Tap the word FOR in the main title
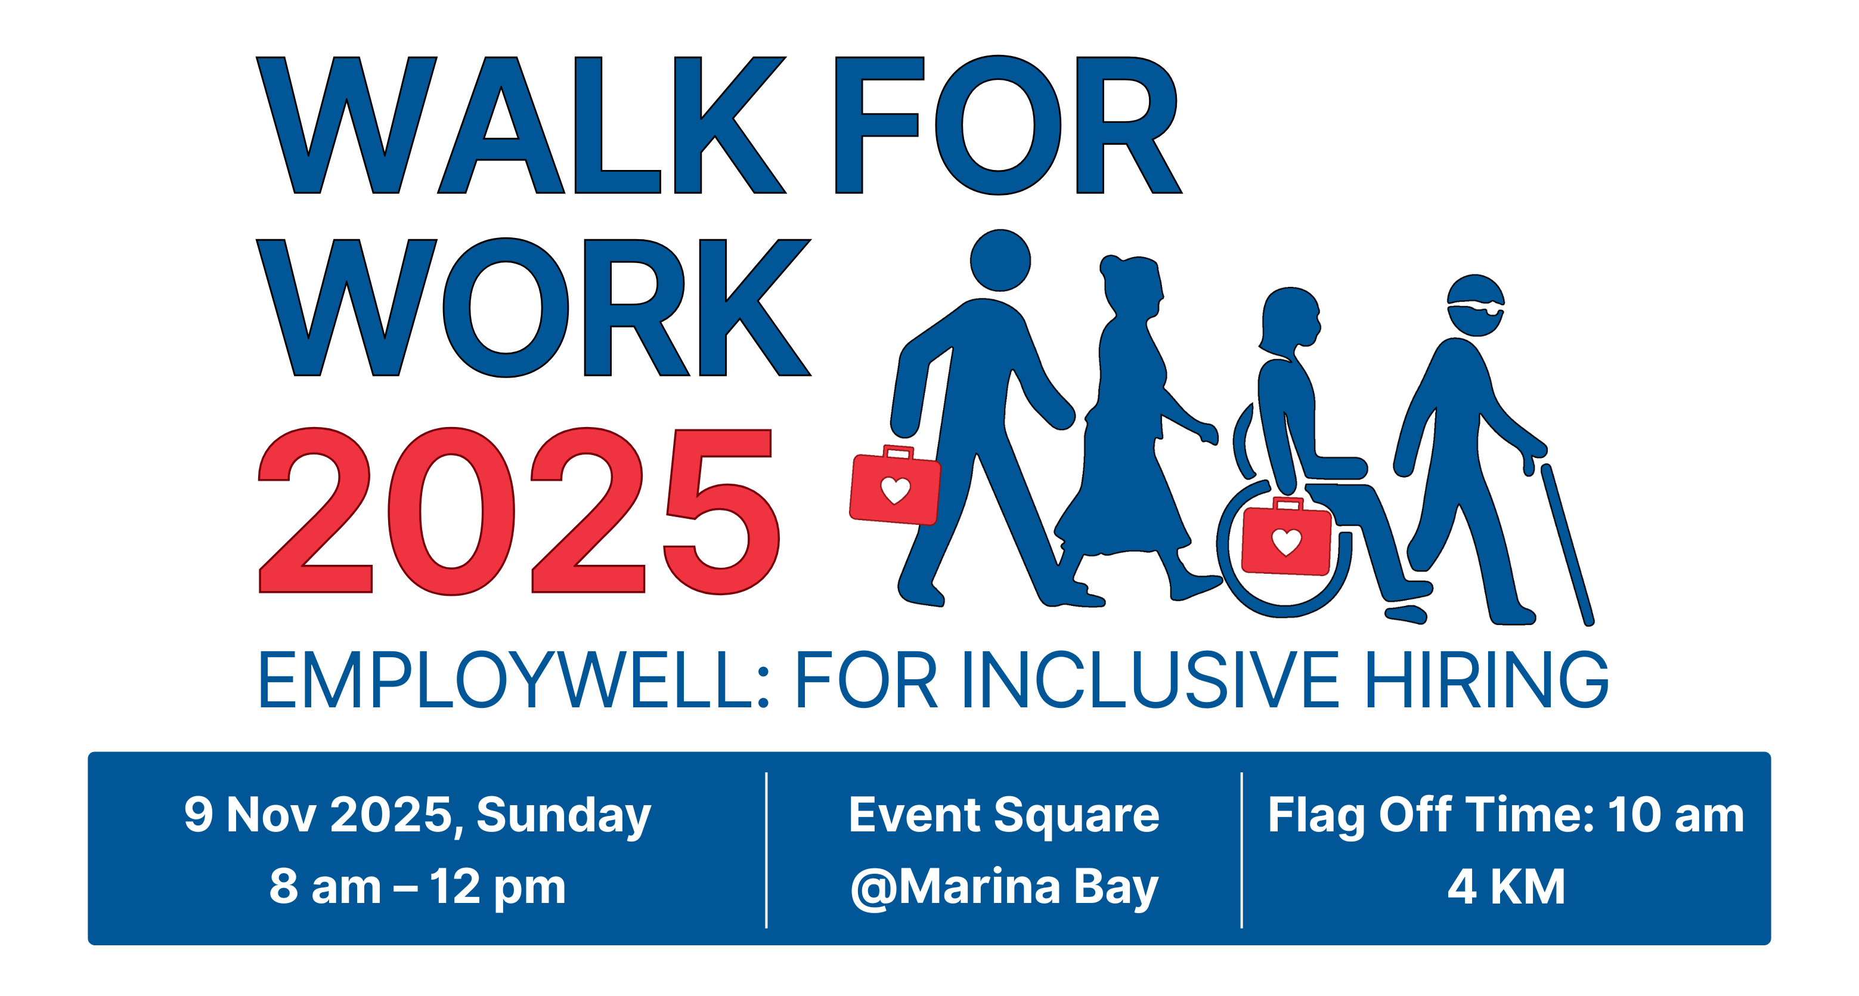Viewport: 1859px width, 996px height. pyautogui.click(x=1008, y=125)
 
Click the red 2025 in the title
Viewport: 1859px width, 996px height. pyautogui.click(x=519, y=511)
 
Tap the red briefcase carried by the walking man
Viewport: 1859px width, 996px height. pyautogui.click(x=895, y=485)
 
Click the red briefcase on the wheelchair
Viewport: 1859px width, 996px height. pyautogui.click(x=1286, y=536)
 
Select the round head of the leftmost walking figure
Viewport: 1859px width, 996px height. pyautogui.click(x=1000, y=260)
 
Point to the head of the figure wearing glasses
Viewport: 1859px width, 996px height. pyautogui.click(x=1476, y=305)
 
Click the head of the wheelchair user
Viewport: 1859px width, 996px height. pyautogui.click(x=1290, y=318)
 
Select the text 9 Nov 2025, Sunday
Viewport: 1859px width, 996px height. pyautogui.click(x=417, y=815)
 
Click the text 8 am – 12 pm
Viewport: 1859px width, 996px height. pyautogui.click(x=417, y=886)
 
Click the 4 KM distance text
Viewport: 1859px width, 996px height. pyautogui.click(x=1506, y=886)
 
